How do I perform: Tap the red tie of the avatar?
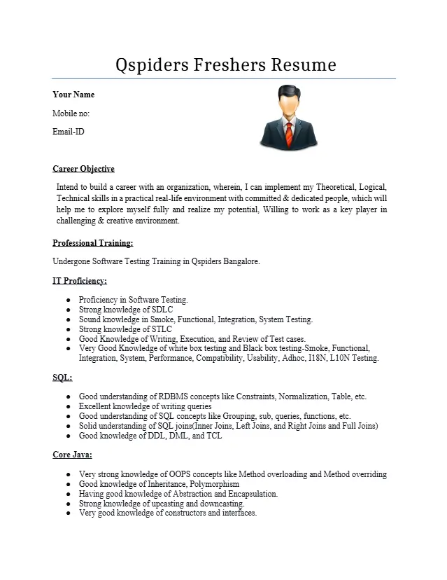[x=288, y=132]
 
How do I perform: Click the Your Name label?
[x=73, y=95]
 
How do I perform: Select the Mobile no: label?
[x=71, y=113]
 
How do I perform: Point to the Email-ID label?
[x=69, y=131]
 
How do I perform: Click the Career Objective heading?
[x=83, y=169]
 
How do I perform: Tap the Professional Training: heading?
[x=93, y=243]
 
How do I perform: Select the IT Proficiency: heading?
[x=80, y=281]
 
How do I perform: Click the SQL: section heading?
[x=62, y=378]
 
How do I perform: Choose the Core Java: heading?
[x=72, y=455]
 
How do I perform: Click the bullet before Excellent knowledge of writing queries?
[x=69, y=406]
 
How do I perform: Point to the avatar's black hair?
[x=288, y=91]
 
